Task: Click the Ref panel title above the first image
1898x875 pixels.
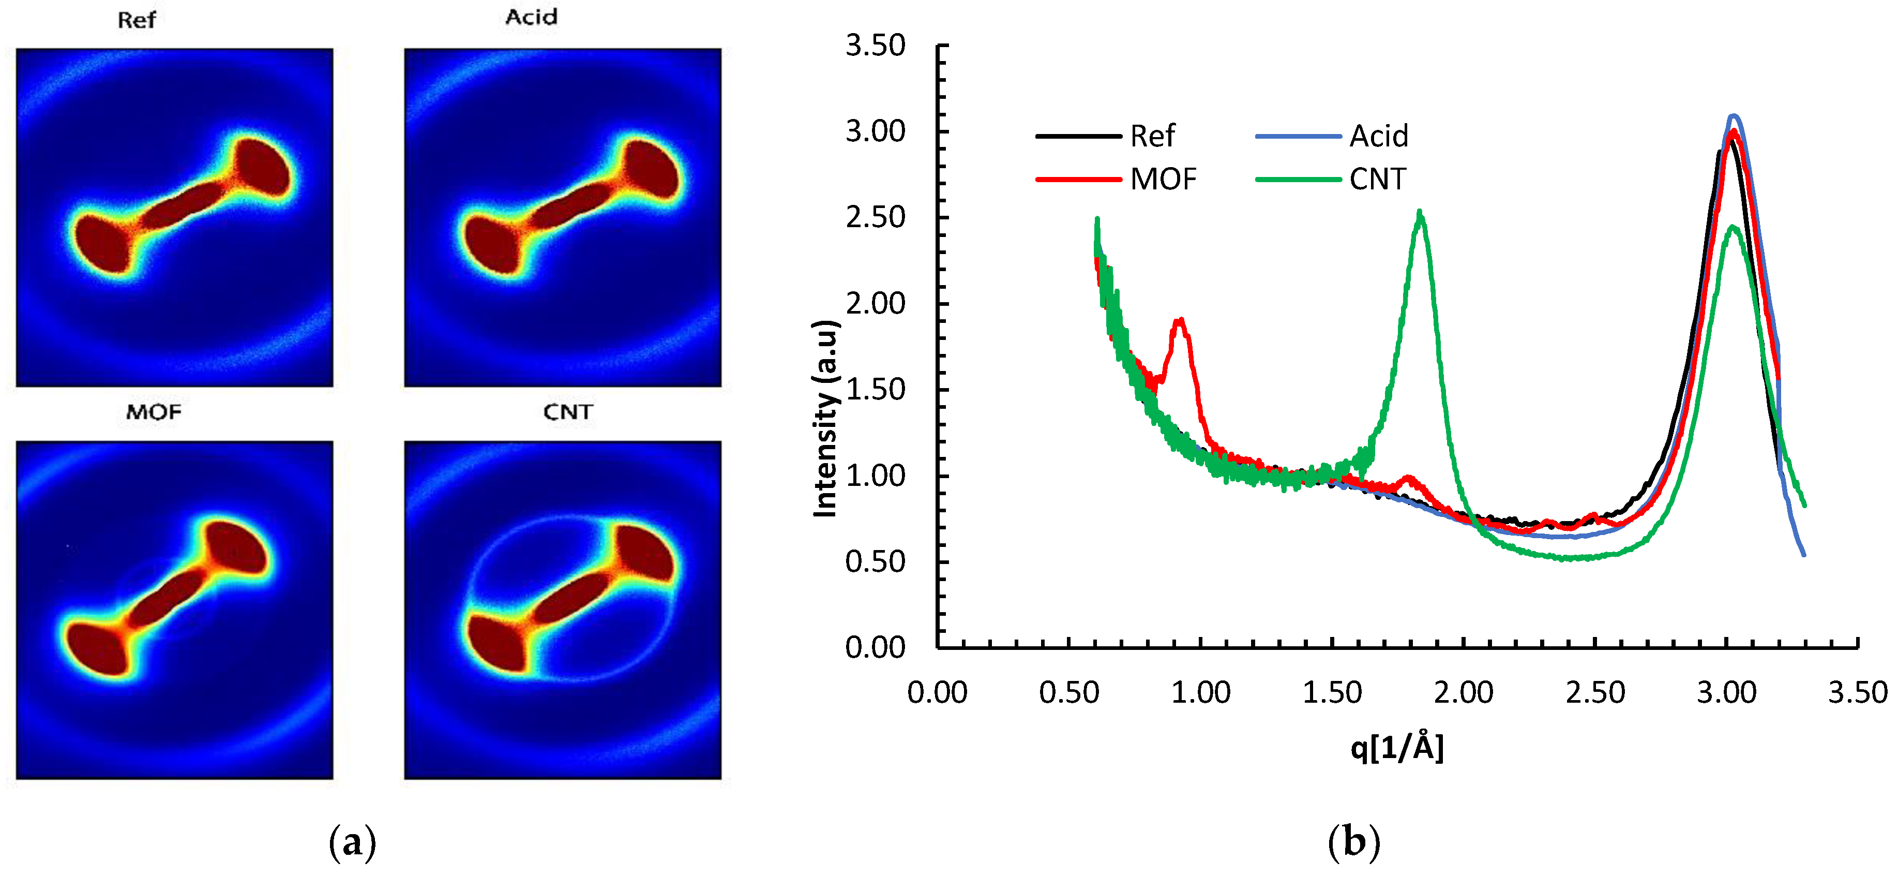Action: click(x=137, y=20)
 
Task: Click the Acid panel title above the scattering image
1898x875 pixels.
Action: click(x=531, y=17)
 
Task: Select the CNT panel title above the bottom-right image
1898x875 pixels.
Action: click(x=567, y=411)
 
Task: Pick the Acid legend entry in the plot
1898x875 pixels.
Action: click(x=1378, y=137)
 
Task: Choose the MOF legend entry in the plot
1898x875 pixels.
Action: click(x=1163, y=179)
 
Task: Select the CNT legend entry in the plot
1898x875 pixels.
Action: click(x=1377, y=179)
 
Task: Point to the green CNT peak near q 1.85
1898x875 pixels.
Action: click(x=1420, y=214)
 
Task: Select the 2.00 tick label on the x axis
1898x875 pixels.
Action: click(x=1463, y=692)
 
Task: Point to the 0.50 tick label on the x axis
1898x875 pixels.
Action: click(x=1069, y=692)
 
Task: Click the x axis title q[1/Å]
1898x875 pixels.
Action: click(x=1397, y=748)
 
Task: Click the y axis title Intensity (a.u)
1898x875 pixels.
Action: click(x=826, y=419)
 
